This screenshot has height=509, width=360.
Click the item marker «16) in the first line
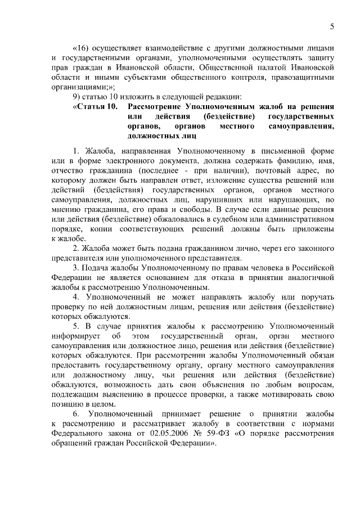tap(83, 48)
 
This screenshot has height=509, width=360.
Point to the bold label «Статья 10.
tap(95, 106)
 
